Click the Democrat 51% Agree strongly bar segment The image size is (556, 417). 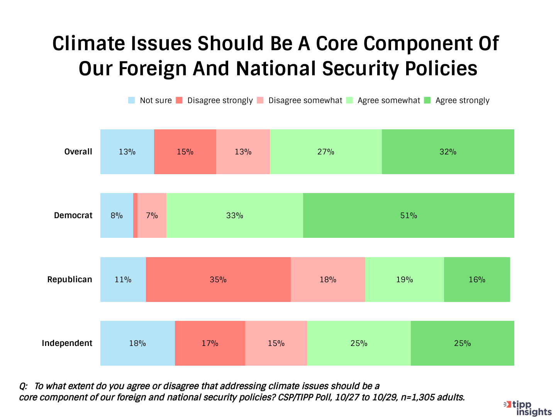409,215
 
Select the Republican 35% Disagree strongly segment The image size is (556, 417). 218,280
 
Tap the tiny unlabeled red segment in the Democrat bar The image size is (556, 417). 135,215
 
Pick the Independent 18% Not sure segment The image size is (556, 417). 137,343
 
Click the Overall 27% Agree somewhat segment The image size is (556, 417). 326,152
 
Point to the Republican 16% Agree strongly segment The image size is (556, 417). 477,280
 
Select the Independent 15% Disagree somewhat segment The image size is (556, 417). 276,343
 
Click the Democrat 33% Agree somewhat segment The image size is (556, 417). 235,215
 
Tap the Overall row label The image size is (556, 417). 78,152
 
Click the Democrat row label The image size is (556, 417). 73,215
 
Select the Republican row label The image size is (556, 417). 69,280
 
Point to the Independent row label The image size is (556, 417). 67,343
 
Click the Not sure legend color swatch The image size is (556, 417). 132,100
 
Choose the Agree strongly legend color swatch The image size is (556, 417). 427,100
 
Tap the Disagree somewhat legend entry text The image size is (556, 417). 305,100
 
